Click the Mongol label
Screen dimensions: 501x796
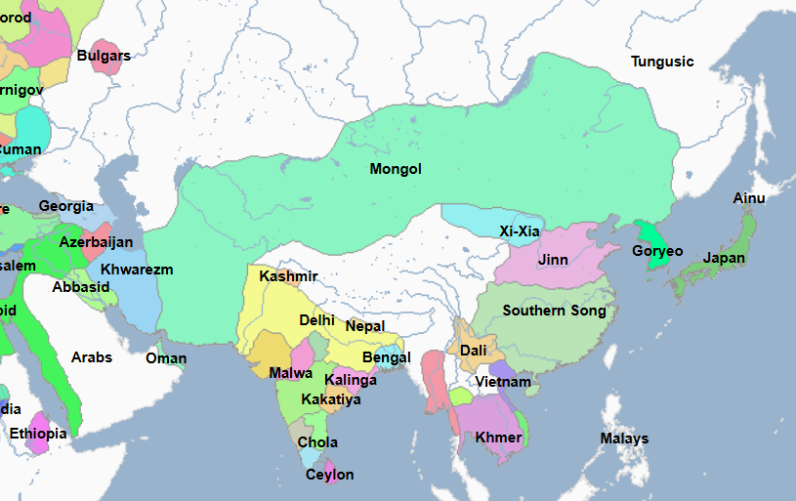pyautogui.click(x=396, y=169)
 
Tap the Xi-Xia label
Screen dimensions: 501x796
pyautogui.click(x=519, y=231)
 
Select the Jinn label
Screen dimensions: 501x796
pyautogui.click(x=553, y=260)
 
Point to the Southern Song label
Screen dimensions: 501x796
pyautogui.click(x=554, y=311)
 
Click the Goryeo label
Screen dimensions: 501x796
pyautogui.click(x=657, y=251)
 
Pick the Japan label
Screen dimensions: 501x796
pyautogui.click(x=724, y=259)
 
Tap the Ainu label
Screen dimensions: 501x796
pyautogui.click(x=749, y=198)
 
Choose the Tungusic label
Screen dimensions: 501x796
pyautogui.click(x=662, y=62)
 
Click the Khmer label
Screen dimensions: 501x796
pyautogui.click(x=498, y=437)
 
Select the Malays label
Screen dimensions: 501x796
pyautogui.click(x=624, y=438)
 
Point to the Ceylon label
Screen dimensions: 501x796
pyautogui.click(x=330, y=475)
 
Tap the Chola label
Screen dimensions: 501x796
pyautogui.click(x=317, y=442)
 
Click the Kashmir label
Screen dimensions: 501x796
pyautogui.click(x=288, y=276)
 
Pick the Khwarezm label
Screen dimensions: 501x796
pyautogui.click(x=137, y=270)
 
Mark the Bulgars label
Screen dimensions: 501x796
pyautogui.click(x=104, y=56)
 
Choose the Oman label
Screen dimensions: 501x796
pyautogui.click(x=166, y=358)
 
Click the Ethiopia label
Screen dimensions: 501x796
pyautogui.click(x=38, y=434)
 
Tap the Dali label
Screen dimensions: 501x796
pyautogui.click(x=473, y=351)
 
